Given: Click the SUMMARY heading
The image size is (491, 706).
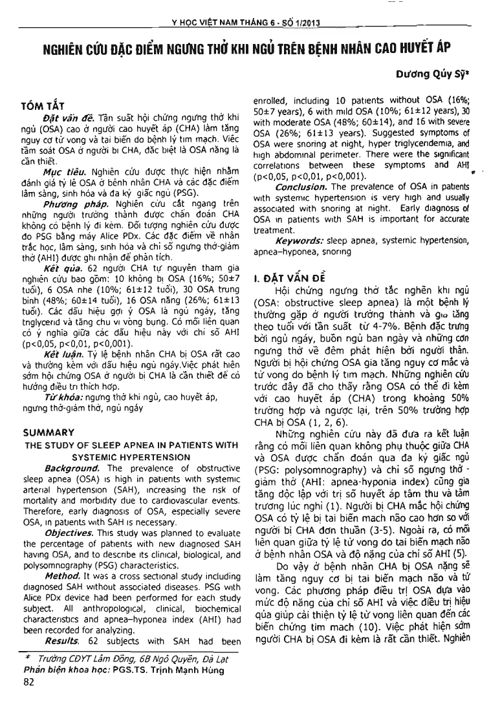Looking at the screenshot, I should [49, 432].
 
